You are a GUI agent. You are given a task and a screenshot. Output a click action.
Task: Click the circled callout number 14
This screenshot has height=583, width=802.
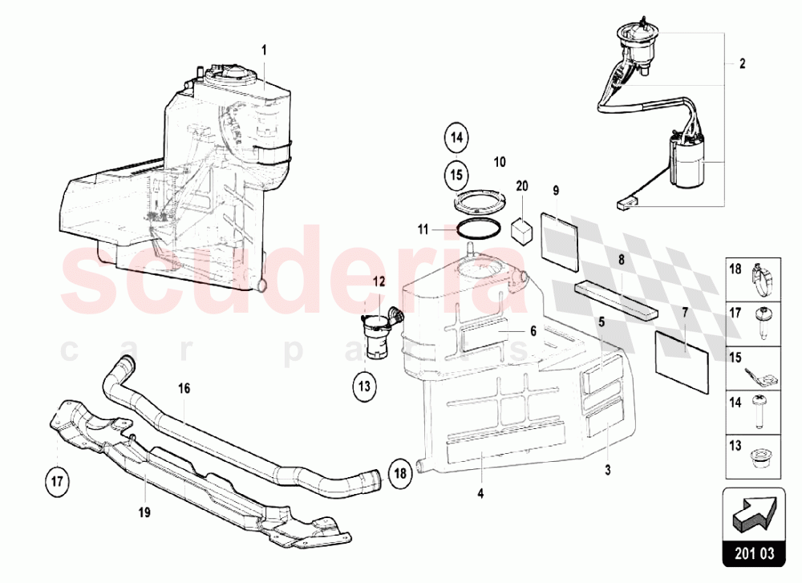click(x=456, y=139)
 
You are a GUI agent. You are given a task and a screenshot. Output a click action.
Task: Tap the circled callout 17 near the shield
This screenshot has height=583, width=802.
click(x=58, y=481)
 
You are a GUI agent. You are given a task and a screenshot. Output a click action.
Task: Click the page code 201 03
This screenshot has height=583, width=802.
click(x=755, y=553)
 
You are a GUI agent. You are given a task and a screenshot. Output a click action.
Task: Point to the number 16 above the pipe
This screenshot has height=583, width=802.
click(x=184, y=388)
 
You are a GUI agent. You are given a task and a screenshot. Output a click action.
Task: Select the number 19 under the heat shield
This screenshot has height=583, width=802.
click(x=144, y=510)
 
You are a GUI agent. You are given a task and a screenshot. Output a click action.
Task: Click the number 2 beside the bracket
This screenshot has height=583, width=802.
click(x=742, y=63)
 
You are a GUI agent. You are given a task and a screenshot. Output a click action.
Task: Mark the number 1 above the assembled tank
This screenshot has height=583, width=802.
click(x=264, y=50)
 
